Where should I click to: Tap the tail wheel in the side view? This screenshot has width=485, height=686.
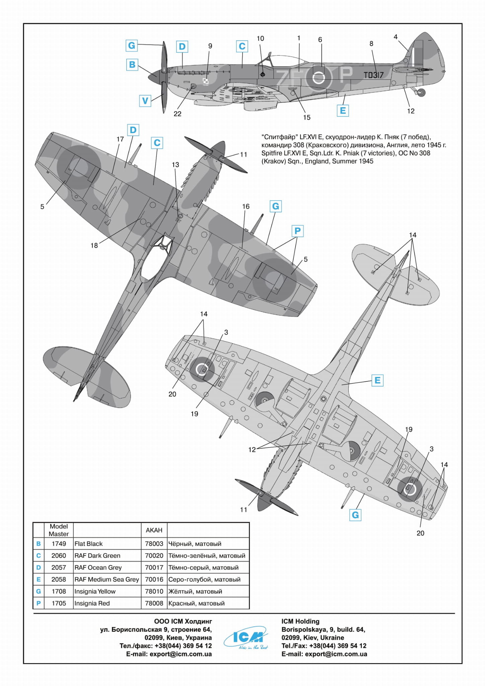coord(422,92)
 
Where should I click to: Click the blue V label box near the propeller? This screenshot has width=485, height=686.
coord(145,101)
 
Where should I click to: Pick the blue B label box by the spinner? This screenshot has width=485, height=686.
coord(132,64)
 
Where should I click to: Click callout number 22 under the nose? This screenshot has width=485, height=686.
coord(177,114)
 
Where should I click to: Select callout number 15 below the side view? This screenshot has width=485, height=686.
coord(306,117)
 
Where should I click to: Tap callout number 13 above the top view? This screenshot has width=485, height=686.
coord(176,165)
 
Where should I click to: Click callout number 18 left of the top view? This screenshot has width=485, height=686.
coord(94,245)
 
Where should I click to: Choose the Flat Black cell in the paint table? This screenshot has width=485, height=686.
coord(88,544)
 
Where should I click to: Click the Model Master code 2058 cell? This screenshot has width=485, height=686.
coord(59,579)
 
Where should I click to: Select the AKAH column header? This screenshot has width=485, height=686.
coord(154,530)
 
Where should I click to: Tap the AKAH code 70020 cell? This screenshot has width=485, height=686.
coord(154,555)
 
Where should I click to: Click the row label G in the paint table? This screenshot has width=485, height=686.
coord(39,591)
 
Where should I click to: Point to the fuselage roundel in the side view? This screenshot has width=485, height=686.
coord(319,78)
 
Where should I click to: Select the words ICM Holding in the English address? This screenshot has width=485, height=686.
coord(300,621)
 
